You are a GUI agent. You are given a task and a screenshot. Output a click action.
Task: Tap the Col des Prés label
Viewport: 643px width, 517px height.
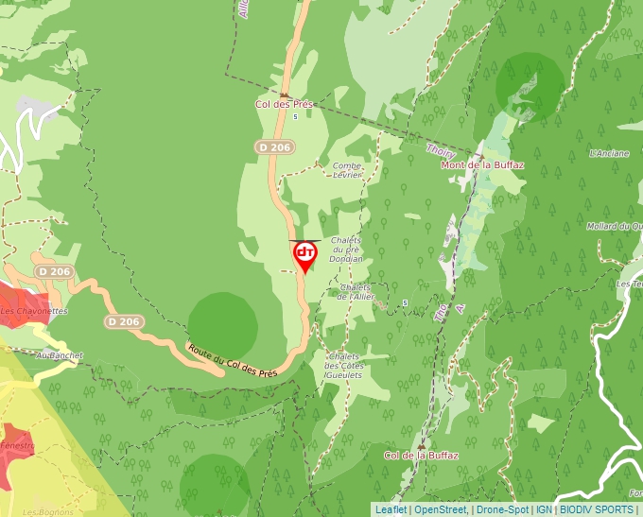[284, 104]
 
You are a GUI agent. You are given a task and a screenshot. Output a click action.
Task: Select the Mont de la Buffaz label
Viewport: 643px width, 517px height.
[482, 164]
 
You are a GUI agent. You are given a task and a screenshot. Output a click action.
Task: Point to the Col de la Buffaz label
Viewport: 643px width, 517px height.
[421, 456]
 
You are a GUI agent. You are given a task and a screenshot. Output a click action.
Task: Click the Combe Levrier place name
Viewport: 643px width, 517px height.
[347, 170]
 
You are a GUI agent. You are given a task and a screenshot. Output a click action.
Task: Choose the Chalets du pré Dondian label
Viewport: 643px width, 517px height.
[347, 250]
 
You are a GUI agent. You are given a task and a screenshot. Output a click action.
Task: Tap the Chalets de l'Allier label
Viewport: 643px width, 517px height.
[356, 291]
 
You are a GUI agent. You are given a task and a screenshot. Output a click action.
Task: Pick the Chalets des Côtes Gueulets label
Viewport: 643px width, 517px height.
[343, 366]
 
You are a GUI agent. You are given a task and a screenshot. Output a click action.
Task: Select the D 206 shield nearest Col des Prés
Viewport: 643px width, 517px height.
[274, 146]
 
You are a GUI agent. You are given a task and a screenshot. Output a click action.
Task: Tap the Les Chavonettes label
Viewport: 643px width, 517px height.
[33, 311]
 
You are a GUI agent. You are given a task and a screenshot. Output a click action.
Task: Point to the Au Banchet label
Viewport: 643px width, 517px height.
[59, 355]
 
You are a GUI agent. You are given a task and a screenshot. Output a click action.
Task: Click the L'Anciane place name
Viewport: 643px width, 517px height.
[609, 152]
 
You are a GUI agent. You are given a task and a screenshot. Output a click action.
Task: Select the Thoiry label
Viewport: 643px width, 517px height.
[441, 151]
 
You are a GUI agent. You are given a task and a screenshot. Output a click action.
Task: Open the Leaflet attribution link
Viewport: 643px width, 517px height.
[391, 509]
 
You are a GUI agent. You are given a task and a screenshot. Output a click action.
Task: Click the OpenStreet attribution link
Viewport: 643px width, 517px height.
[441, 509]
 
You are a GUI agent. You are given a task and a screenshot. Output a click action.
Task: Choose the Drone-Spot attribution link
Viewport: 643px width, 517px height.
[502, 509]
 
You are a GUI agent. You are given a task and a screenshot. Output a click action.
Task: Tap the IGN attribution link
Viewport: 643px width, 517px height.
[544, 509]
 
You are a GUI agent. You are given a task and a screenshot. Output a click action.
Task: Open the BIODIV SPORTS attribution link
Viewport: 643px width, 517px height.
[597, 509]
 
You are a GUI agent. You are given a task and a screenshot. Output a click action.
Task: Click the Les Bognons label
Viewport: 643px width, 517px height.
[43, 512]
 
